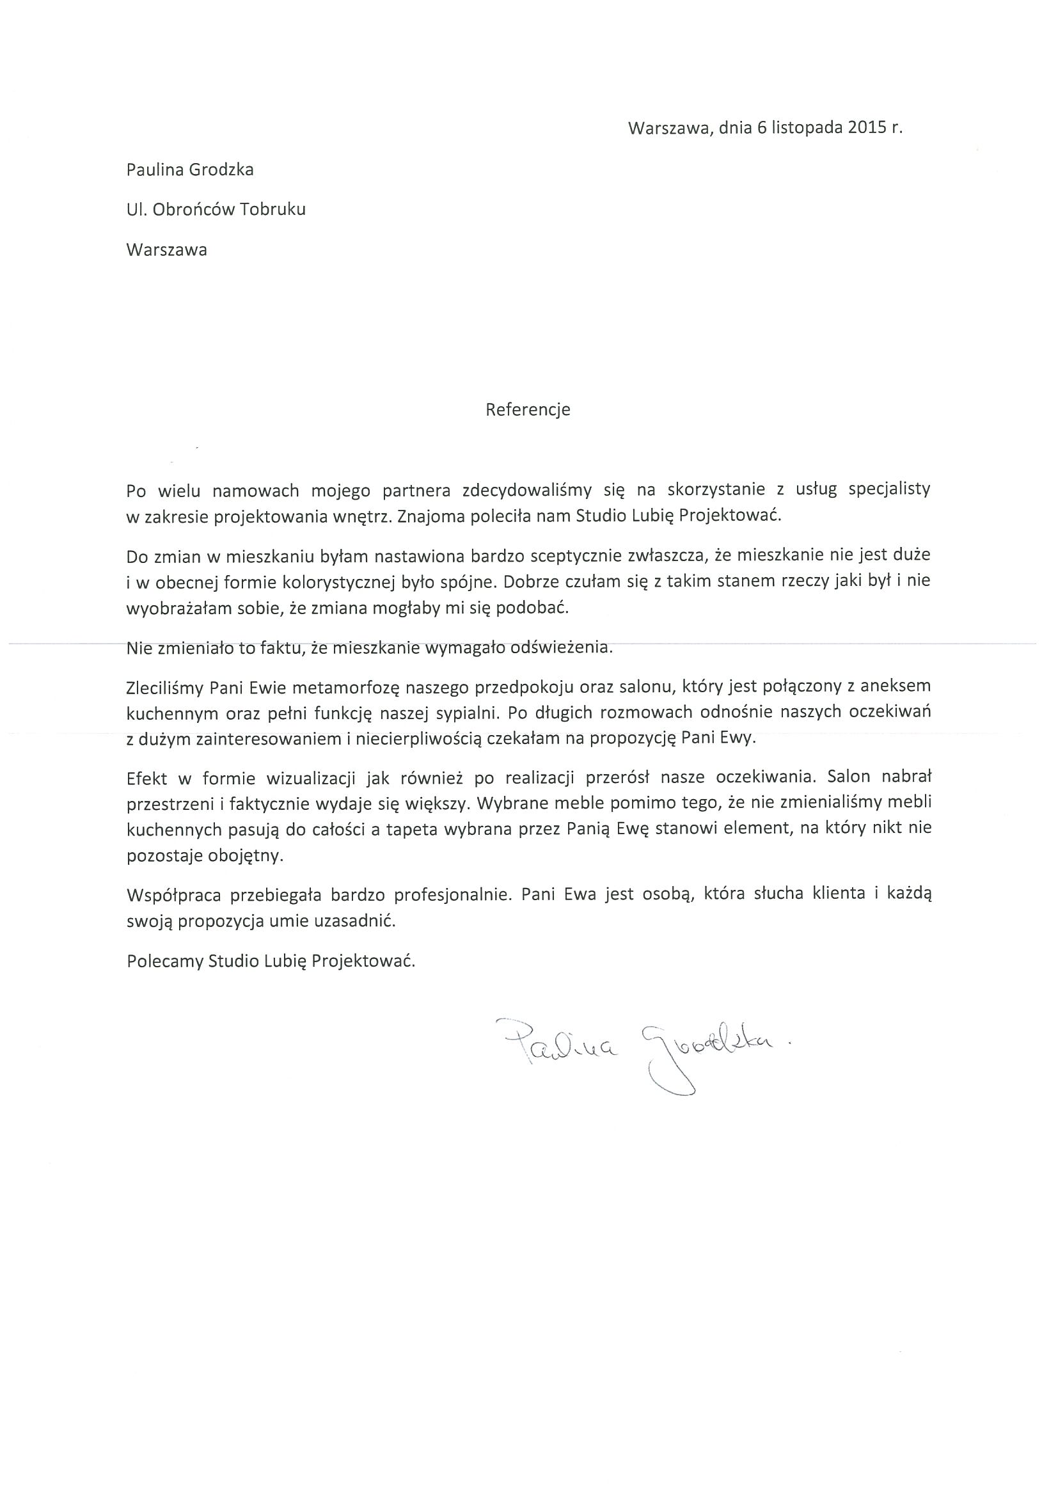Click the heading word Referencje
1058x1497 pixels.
[527, 409]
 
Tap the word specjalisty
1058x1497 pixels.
[889, 489]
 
